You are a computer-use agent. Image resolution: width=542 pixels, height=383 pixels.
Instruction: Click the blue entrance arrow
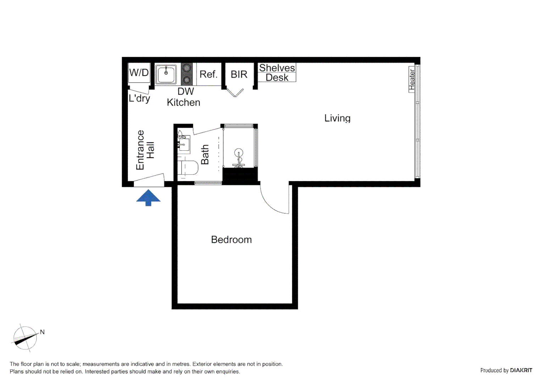pos(148,198)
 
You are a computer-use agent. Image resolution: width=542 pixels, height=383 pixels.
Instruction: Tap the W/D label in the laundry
pos(139,73)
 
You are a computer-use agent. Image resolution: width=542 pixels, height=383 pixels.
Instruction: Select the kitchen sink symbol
pos(166,74)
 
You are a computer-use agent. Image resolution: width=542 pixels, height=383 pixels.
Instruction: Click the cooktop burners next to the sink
pos(187,74)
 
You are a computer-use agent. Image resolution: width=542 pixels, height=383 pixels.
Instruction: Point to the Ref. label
pos(208,74)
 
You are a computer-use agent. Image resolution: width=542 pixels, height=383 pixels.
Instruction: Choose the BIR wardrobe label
pos(239,74)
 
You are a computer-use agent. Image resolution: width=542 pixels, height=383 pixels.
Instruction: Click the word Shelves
pos(277,68)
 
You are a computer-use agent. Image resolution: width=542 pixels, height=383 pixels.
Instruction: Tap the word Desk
pos(277,78)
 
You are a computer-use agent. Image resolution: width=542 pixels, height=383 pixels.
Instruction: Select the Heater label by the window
pos(411,79)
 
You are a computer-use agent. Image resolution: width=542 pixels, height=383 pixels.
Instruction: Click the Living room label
pos(337,118)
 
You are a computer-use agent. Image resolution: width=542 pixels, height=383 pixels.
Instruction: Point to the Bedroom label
pos(231,240)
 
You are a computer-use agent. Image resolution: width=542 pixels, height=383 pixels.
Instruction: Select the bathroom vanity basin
pos(183,144)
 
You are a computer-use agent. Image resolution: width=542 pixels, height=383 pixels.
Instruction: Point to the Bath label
pos(205,154)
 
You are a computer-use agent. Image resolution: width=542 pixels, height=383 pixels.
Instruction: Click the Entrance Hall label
pos(145,150)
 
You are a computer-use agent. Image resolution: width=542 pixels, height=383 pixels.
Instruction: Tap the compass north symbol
pos(26,338)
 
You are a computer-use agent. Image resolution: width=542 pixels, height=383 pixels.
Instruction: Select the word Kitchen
pos(183,102)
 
